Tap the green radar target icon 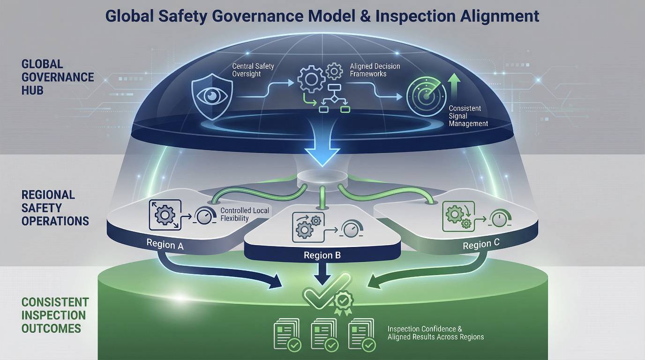(x=426, y=96)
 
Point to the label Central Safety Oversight (x=253, y=70)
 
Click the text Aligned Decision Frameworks (x=375, y=70)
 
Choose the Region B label (x=322, y=255)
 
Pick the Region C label (x=481, y=245)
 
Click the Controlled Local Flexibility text (x=245, y=214)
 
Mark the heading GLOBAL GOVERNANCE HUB (x=57, y=77)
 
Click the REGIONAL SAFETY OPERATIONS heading (x=55, y=208)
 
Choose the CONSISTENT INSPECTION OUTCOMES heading (x=55, y=315)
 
